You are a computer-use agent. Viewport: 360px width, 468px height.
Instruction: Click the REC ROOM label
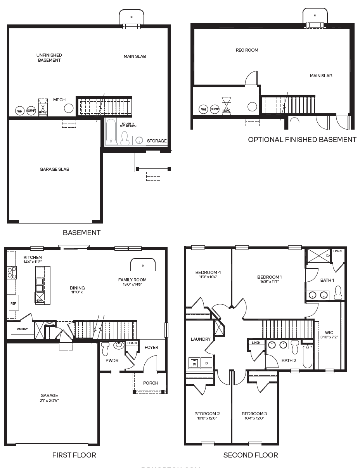point(247,50)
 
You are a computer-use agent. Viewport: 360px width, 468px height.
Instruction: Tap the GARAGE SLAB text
point(54,169)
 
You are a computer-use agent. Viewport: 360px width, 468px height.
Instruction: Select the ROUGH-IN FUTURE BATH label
point(127,125)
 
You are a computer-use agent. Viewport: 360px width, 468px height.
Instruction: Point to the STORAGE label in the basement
point(157,141)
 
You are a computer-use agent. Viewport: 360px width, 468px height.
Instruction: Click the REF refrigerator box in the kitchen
point(13,303)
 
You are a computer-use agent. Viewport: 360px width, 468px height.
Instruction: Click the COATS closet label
point(132,343)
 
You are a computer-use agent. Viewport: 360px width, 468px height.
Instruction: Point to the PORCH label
point(151,383)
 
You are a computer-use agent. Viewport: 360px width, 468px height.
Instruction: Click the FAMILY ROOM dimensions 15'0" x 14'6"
point(132,284)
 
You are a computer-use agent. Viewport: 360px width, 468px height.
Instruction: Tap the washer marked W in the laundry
point(194,364)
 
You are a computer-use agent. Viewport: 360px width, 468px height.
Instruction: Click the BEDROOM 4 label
point(208,272)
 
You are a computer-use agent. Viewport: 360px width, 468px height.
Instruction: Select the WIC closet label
point(329,333)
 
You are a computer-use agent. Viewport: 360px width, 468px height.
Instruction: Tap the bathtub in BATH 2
point(307,356)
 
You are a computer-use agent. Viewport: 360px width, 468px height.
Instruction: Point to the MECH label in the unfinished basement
point(59,100)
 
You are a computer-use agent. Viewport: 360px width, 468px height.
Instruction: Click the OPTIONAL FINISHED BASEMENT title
point(302,140)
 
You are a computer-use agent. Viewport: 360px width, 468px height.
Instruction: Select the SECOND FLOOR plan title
point(251,455)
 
